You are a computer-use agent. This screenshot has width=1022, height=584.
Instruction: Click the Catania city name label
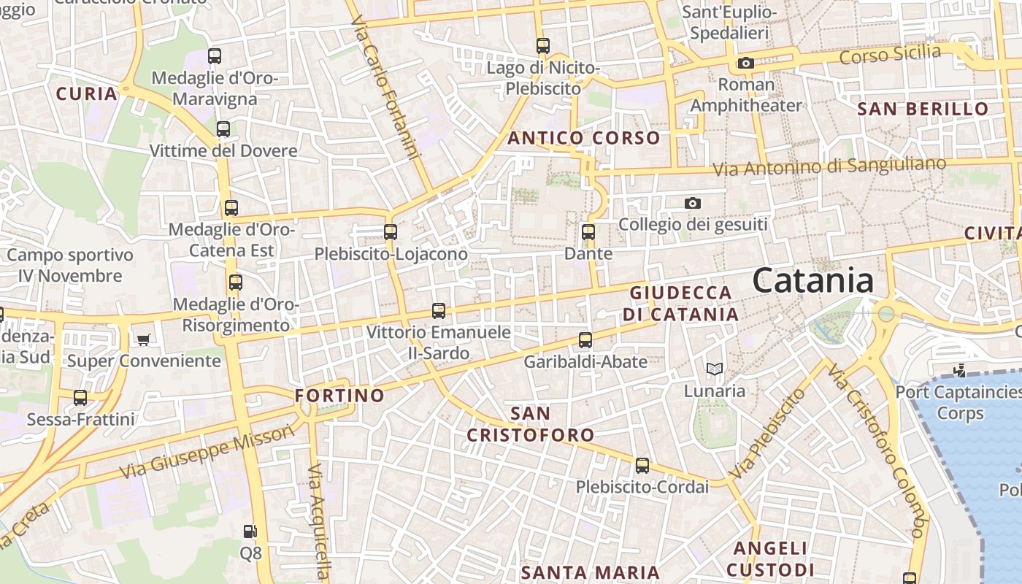point(812,281)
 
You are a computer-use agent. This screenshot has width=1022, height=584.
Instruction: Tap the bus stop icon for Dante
point(588,233)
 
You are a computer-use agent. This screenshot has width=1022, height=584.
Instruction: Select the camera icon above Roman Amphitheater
point(745,64)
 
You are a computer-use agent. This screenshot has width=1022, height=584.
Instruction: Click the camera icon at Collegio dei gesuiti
point(693,204)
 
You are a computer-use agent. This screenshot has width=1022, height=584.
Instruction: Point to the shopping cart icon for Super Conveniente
point(144,339)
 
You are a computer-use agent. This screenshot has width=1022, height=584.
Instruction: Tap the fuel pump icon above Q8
point(250,531)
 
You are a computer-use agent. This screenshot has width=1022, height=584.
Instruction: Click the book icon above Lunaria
point(714,369)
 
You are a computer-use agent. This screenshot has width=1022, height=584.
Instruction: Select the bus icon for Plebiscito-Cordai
point(642,465)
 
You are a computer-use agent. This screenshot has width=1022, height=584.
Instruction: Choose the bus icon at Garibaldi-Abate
point(585,340)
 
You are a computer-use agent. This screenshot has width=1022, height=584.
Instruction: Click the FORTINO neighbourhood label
point(339,396)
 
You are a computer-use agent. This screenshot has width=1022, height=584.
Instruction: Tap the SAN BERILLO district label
point(923,109)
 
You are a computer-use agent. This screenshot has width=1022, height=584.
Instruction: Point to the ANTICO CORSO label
point(583,138)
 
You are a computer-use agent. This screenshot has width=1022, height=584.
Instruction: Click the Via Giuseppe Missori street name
point(207,452)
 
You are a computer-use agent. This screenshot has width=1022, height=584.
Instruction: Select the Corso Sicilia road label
point(890,54)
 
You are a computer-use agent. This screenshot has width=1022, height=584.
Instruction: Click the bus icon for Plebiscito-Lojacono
point(391,232)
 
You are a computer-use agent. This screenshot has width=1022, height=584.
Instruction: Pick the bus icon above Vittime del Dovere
point(223,129)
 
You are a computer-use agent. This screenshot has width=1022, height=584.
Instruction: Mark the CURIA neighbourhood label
point(87,93)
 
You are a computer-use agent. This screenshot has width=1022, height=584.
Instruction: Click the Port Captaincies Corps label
point(958,402)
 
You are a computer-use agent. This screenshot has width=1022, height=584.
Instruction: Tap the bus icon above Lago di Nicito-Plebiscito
point(542,46)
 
